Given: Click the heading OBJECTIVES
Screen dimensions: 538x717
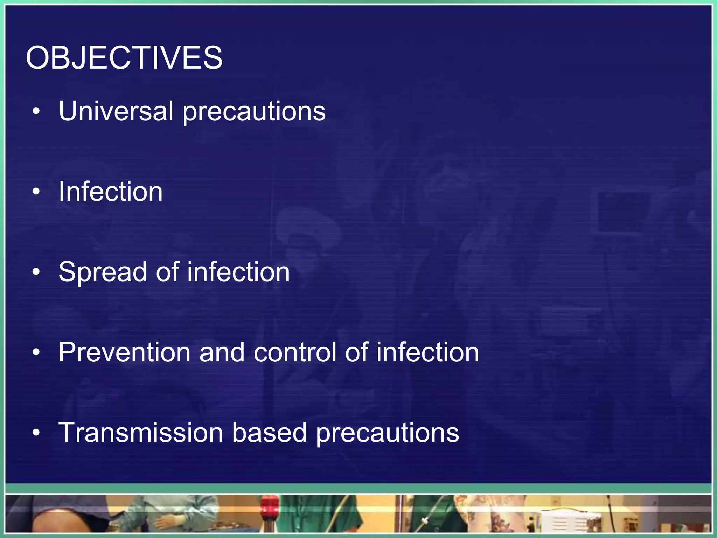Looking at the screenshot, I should tap(124, 58).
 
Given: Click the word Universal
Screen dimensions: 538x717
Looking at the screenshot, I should tap(116, 111).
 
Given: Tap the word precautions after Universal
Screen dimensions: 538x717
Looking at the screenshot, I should tap(254, 112).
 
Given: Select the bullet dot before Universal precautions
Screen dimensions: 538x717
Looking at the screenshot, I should tap(36, 112).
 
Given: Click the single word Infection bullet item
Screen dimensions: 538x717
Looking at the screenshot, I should tap(111, 192).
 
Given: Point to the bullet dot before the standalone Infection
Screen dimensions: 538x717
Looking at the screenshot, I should tap(36, 192).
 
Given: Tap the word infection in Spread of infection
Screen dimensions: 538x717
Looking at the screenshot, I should tap(238, 272).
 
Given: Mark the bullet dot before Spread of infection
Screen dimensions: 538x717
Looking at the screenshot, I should tap(36, 272).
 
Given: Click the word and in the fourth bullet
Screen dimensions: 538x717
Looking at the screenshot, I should tap(222, 352).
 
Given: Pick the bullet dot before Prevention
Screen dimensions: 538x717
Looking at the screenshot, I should tap(36, 353).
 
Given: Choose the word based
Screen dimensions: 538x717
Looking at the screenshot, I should tap(269, 433).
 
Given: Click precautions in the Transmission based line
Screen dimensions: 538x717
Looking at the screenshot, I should tap(387, 434).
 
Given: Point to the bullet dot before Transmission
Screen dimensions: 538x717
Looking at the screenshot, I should tap(36, 433).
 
